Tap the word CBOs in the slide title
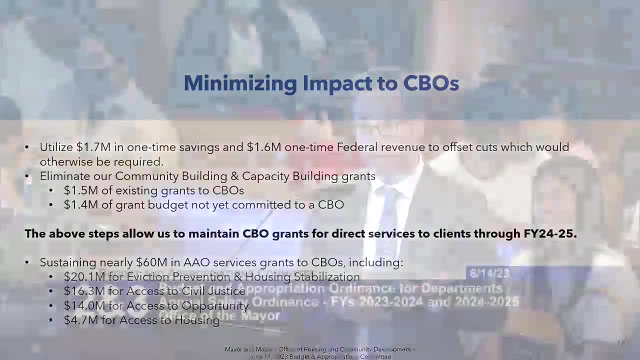tap(431, 83)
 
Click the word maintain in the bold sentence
tap(213, 233)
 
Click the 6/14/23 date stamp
tap(488, 273)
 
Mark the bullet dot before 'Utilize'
tap(27, 147)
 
